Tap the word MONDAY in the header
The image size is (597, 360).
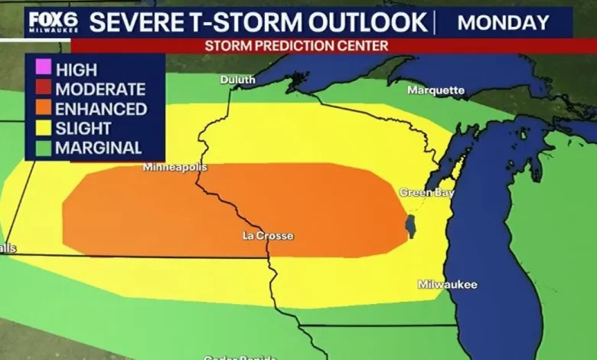[x=503, y=22]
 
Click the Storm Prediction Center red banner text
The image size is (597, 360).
[x=296, y=46]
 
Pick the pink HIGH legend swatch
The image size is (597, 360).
[x=43, y=70]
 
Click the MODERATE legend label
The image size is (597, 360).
[x=100, y=90]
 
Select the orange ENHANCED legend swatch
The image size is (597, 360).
[x=43, y=109]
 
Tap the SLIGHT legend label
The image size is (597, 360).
[x=83, y=129]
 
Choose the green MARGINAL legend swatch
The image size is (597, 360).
[x=43, y=148]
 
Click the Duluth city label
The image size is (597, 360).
[x=238, y=80]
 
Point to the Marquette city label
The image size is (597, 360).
[x=436, y=90]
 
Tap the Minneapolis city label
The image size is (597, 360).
[x=175, y=167]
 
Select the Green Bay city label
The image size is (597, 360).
[x=427, y=193]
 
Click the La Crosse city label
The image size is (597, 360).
[x=267, y=236]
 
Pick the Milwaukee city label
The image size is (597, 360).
[x=448, y=285]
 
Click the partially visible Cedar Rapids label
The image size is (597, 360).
[x=240, y=357]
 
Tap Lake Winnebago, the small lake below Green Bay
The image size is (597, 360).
[x=409, y=227]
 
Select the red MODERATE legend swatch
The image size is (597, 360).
[x=43, y=90]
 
